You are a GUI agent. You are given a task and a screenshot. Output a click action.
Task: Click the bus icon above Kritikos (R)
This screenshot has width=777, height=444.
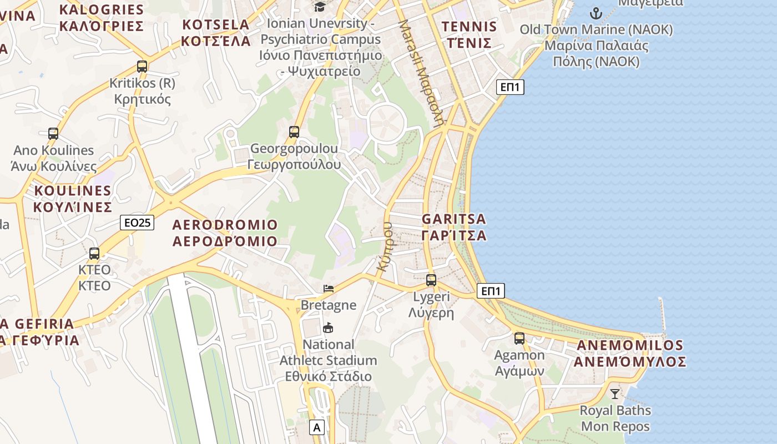tap(142, 67)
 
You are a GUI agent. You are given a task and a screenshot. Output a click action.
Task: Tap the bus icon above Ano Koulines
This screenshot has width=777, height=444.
tap(53, 133)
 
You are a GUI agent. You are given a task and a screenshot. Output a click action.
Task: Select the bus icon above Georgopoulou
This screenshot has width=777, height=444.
tap(294, 132)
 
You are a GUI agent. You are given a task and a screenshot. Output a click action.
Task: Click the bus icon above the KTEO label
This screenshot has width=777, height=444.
tap(94, 254)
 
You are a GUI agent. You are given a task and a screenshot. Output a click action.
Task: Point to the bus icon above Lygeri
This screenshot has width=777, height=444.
tap(431, 280)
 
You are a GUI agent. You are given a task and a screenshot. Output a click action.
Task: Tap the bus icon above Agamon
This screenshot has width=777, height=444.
tap(519, 338)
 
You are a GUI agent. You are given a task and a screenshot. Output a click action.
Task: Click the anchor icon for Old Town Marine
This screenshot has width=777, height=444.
tap(596, 13)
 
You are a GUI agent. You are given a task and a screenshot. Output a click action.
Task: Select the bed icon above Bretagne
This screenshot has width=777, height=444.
tap(329, 289)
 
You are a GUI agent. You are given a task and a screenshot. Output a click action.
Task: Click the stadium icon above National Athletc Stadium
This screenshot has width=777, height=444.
tap(328, 328)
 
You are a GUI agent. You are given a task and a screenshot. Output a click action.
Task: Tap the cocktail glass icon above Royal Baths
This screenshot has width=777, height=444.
tap(614, 394)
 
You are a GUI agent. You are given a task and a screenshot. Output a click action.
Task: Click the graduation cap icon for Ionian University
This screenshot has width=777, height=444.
tap(320, 7)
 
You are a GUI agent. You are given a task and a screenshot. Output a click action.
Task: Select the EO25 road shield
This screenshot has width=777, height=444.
tap(137, 223)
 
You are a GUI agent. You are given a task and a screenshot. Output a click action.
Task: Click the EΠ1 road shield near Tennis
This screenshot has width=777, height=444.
tap(510, 87)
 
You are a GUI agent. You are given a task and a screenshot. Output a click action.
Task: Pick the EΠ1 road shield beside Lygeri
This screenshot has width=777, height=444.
tap(491, 291)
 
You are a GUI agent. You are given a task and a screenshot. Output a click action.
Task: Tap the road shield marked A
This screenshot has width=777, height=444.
tap(317, 427)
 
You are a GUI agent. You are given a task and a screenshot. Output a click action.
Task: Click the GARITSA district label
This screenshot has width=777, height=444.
tap(454, 227)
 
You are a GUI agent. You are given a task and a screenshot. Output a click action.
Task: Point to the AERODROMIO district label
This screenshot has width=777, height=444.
tap(225, 233)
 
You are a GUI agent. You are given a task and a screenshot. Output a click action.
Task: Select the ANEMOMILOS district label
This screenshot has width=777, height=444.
tap(630, 354)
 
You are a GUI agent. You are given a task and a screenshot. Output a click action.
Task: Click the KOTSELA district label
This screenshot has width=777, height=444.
tap(216, 33)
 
